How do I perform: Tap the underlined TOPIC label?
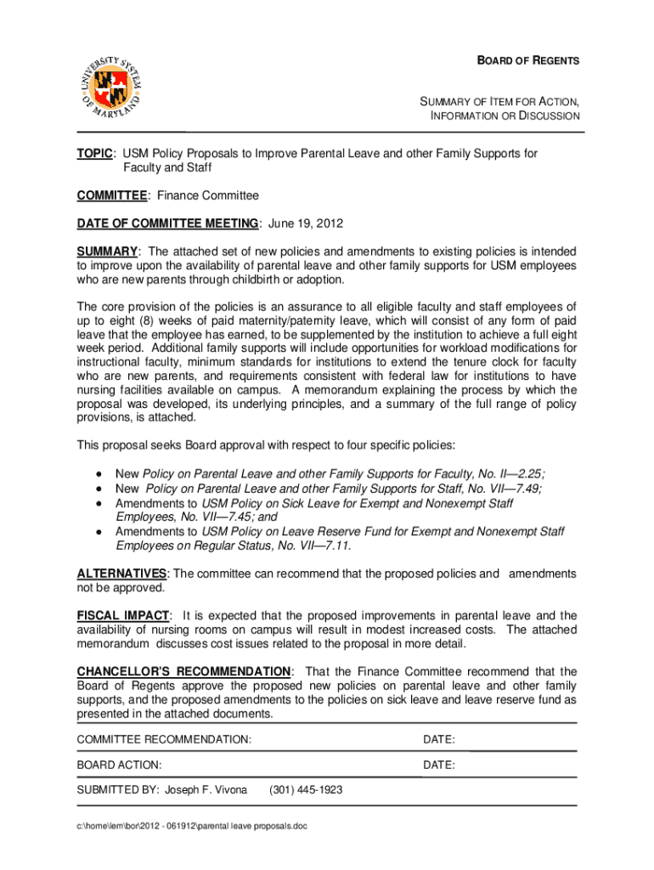point(96,154)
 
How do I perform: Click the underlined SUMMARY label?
point(108,251)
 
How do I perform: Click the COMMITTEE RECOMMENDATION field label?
point(164,739)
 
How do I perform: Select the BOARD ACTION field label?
point(119,765)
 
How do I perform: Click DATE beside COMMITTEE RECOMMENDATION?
point(439,739)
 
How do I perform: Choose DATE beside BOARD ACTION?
point(439,765)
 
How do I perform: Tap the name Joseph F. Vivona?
point(206,790)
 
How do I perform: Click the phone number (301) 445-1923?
point(306,790)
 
